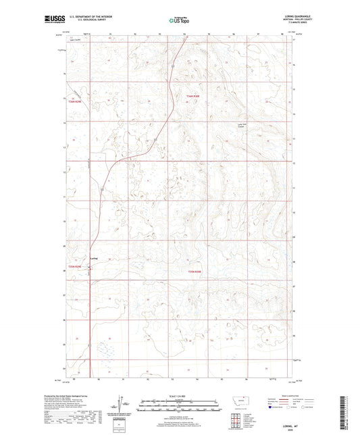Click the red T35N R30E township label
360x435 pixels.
point(195,272)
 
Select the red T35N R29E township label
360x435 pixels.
point(74,267)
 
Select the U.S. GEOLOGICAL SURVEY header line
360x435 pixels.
point(84,21)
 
